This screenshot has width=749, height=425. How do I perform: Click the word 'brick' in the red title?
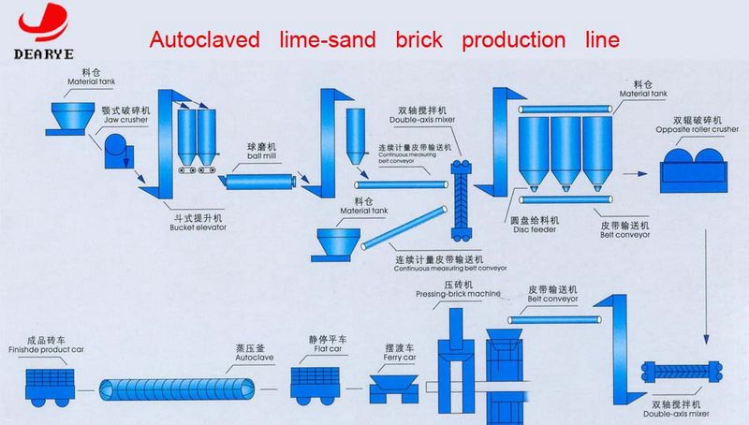click(x=422, y=41)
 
